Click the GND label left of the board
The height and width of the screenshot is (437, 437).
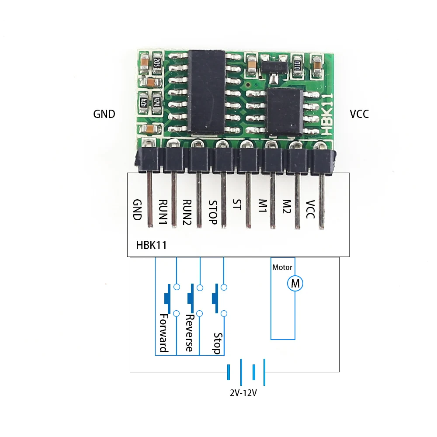104,114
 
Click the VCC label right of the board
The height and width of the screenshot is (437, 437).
359,114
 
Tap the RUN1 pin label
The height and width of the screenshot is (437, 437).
163,212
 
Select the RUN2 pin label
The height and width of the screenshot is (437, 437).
187,212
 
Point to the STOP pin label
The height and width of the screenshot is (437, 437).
213,212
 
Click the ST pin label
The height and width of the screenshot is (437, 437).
236,204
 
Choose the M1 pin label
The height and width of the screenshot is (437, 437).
263,206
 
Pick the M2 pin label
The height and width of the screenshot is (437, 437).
287,206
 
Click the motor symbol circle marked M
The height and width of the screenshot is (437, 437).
295,284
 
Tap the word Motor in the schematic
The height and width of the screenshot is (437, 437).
282,267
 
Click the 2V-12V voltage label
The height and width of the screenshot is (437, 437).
243,393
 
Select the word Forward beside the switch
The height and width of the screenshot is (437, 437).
163,333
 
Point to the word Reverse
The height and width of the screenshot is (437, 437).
189,333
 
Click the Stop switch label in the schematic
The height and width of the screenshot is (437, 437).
217,343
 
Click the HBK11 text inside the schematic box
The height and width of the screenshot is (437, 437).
151,245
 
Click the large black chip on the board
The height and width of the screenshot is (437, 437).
207,92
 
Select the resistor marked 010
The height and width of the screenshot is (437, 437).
297,66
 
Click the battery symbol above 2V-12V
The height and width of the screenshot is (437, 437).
246,372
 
